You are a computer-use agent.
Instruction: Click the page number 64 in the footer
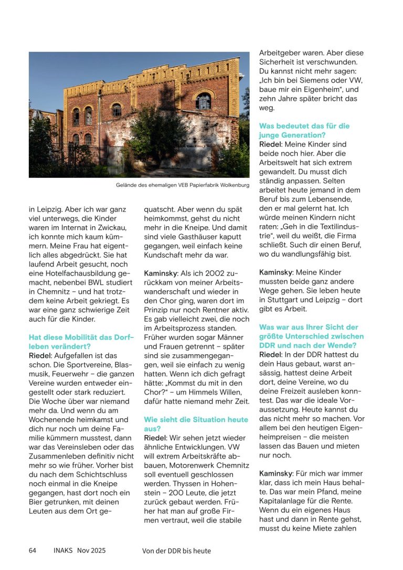(x=33, y=551)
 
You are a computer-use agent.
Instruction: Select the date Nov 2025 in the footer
(x=91, y=551)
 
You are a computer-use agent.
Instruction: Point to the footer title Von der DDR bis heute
(x=176, y=551)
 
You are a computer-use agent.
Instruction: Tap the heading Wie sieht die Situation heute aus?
(x=196, y=424)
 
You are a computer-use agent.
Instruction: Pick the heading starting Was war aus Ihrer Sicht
(x=311, y=336)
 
